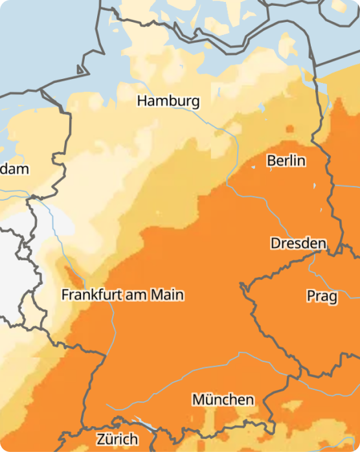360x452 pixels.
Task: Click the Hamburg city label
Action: [x=168, y=102]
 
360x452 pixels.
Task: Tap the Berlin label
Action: [x=286, y=160]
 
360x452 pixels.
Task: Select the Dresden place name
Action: [x=298, y=243]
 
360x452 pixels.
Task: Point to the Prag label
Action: [x=322, y=297]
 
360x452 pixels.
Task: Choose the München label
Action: [x=223, y=400]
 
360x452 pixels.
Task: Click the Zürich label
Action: [x=117, y=438]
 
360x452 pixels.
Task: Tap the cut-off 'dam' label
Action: [x=14, y=169]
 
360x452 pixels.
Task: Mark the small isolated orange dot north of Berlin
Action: [x=289, y=128]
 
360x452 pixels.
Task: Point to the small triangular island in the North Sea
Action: [x=81, y=69]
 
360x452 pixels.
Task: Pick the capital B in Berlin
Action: [x=272, y=160]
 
